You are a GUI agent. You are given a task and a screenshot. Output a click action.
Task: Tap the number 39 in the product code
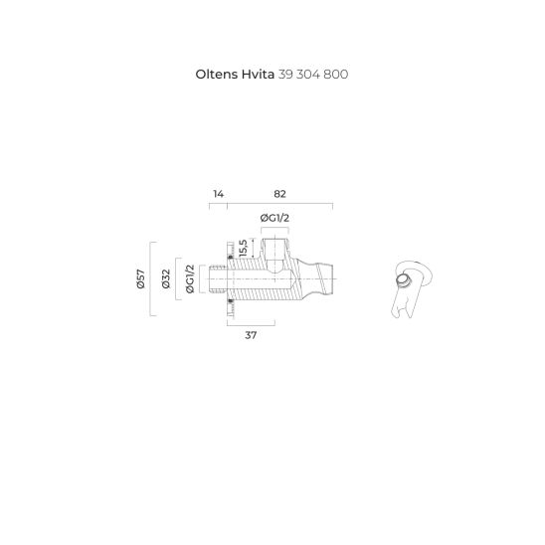click(289, 74)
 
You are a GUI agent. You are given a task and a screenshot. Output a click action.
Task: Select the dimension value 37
click(251, 336)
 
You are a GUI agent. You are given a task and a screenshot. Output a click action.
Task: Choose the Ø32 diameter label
click(165, 279)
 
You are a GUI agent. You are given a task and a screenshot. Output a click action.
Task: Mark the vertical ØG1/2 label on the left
click(189, 279)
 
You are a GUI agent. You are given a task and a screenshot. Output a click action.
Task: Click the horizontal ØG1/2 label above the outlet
click(274, 218)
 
